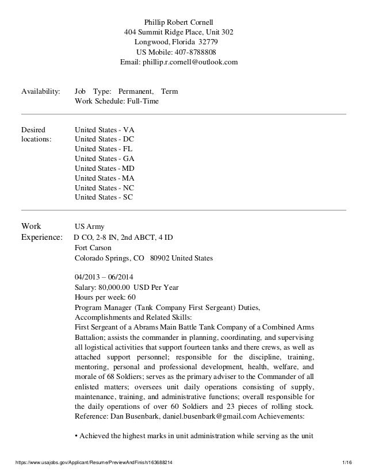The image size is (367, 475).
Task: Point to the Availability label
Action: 40,91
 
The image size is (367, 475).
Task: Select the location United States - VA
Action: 104,130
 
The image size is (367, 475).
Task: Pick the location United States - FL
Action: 104,149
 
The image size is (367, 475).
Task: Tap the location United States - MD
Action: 105,168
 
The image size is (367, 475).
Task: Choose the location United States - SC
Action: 104,197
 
